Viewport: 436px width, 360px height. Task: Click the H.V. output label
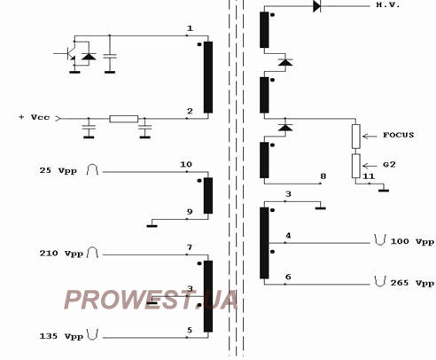[388, 4]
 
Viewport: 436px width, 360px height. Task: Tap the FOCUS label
[399, 135]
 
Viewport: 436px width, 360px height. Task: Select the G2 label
[389, 165]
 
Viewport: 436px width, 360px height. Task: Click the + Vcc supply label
[35, 117]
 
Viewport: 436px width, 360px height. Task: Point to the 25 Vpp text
[58, 171]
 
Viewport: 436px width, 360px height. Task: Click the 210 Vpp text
[61, 254]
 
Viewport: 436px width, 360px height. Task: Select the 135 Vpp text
[61, 336]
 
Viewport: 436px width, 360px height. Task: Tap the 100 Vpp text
[412, 242]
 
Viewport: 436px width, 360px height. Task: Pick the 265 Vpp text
[412, 283]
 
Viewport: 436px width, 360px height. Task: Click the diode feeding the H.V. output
[316, 6]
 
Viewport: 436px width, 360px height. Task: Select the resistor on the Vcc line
[124, 119]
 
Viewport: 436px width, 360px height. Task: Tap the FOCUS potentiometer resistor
[356, 137]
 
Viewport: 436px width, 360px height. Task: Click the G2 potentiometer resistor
[356, 166]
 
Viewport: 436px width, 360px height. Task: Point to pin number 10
[186, 164]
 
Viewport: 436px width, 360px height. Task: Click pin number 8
[323, 176]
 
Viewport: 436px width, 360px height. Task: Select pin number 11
[369, 176]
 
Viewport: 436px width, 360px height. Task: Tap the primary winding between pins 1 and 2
[208, 77]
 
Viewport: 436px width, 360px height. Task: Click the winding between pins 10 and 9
[208, 195]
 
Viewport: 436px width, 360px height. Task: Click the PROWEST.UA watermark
[151, 300]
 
